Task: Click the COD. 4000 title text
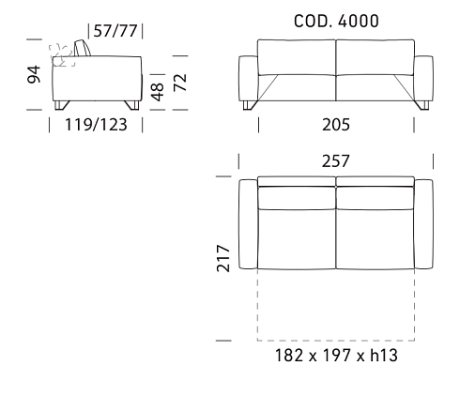[x=336, y=22]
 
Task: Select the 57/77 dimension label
[x=115, y=31]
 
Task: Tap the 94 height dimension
[x=34, y=74]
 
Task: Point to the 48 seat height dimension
[x=158, y=92]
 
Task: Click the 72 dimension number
[x=180, y=83]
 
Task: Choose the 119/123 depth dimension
[x=96, y=125]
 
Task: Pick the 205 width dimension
[x=336, y=125]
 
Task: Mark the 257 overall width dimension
[x=336, y=161]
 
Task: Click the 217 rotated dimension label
[x=223, y=258]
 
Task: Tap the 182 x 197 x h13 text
[x=336, y=356]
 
